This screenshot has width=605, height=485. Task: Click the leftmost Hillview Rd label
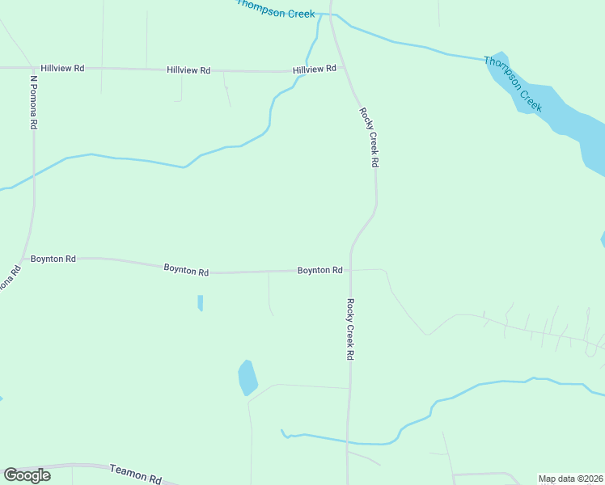tap(62, 69)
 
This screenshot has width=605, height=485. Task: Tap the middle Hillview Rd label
tap(188, 70)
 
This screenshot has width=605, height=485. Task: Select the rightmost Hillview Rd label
tap(315, 70)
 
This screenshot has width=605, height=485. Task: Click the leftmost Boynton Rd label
tap(53, 259)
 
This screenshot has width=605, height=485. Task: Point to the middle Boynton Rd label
tap(186, 270)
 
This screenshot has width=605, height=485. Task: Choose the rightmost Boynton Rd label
tap(319, 270)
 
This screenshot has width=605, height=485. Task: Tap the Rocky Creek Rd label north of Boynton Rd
tap(369, 137)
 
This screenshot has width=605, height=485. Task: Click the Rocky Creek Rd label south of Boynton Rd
tap(350, 329)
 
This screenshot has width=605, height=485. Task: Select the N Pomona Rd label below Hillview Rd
tap(34, 103)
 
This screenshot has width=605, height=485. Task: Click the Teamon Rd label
tap(135, 474)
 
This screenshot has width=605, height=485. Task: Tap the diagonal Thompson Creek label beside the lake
tap(512, 83)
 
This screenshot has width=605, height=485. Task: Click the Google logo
tap(27, 475)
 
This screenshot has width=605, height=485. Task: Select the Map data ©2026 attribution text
tap(570, 479)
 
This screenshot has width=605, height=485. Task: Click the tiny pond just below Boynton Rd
tap(200, 303)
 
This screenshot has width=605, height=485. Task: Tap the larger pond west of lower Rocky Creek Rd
tap(247, 377)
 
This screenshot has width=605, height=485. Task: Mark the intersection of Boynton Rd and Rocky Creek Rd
tap(349, 270)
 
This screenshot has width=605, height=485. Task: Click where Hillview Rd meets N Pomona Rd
tap(34, 68)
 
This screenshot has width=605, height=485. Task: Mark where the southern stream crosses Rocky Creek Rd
tap(348, 442)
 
